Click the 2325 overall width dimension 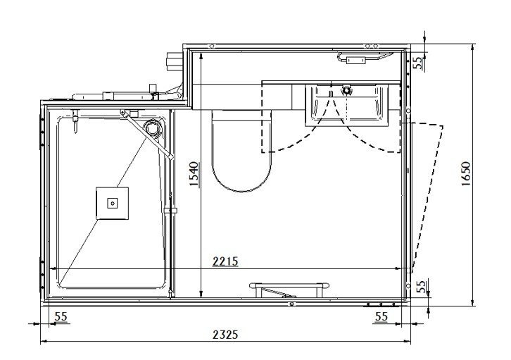click(x=225, y=335)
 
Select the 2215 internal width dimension click(x=225, y=261)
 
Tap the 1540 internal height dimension click(x=194, y=175)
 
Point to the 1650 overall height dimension click(x=466, y=174)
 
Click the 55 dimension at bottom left click(x=61, y=316)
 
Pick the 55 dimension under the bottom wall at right click(x=381, y=316)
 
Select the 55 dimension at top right click(x=419, y=62)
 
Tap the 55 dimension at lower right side click(x=422, y=287)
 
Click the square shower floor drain click(x=112, y=203)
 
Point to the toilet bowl click(x=241, y=151)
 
